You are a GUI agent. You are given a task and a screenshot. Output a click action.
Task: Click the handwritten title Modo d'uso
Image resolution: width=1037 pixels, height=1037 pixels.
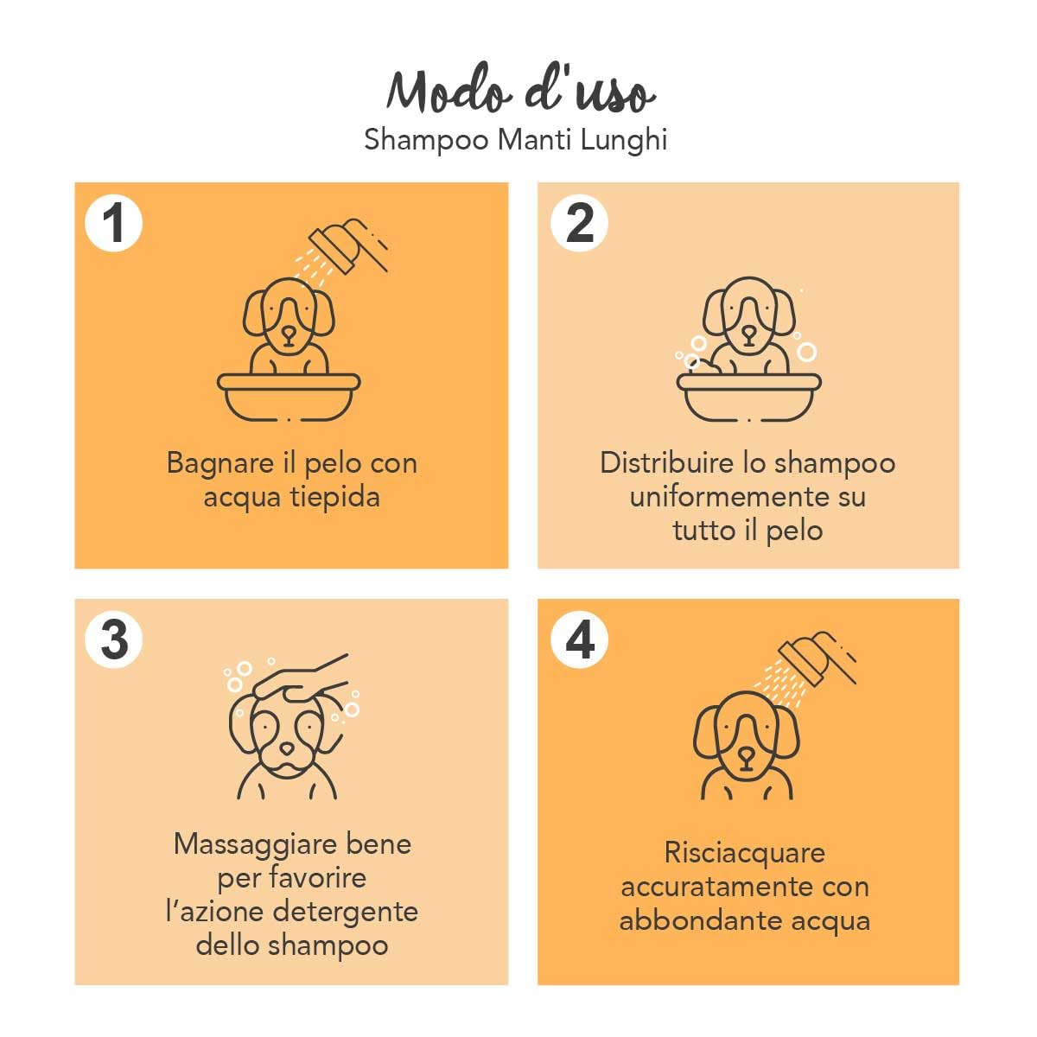tap(519, 90)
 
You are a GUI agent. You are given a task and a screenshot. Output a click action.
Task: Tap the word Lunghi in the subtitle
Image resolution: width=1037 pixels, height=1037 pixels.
tap(623, 140)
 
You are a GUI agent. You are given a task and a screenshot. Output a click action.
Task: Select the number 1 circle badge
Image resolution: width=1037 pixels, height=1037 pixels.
tap(113, 223)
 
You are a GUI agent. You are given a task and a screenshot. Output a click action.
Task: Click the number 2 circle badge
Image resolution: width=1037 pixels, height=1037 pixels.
tap(579, 223)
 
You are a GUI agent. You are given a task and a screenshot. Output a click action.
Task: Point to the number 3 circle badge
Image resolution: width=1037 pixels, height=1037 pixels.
tap(113, 640)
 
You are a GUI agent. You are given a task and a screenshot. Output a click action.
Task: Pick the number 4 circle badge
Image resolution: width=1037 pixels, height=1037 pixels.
tap(579, 640)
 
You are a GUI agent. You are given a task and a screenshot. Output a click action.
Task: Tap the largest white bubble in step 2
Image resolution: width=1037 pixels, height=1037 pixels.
tap(806, 352)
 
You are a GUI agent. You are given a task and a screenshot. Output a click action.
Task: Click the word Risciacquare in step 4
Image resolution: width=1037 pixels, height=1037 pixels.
tap(745, 853)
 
